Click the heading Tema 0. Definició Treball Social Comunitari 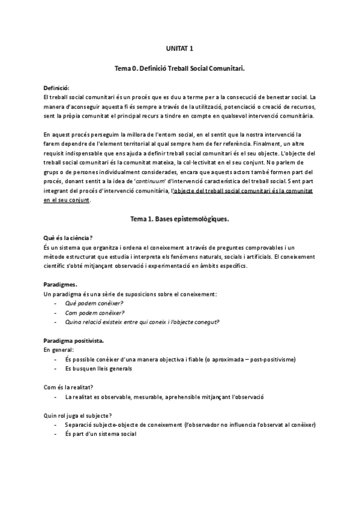tap(179, 70)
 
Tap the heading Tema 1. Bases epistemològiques tap(179, 219)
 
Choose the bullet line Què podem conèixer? tap(94, 304)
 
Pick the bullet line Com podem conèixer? tap(95, 313)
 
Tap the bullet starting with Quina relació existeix tap(142, 322)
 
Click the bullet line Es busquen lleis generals tap(98, 369)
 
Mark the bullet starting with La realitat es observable tap(164, 397)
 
